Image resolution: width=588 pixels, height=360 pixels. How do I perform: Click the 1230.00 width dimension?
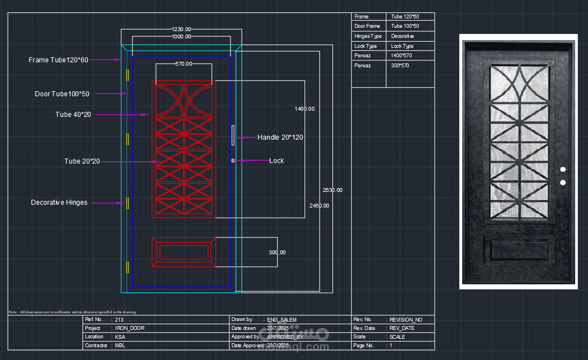[x=181, y=29]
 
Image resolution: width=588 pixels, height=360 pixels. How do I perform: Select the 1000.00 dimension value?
[x=181, y=37]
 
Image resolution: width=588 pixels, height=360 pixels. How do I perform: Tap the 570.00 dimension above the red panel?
[x=184, y=64]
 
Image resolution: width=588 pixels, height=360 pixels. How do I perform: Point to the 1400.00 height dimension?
[x=305, y=109]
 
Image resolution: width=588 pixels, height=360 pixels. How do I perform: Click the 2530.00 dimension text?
[x=332, y=190]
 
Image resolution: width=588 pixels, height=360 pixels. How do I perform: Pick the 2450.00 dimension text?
[x=319, y=205]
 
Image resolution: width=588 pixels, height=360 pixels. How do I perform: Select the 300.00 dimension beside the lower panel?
[x=277, y=252]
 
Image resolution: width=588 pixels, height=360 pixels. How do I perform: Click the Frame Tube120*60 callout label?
[x=58, y=60]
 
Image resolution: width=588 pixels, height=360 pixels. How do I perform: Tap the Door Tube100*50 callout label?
[x=62, y=94]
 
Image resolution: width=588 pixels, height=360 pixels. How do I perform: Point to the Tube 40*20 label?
[x=73, y=115]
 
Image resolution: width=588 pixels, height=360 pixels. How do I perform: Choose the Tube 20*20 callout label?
[x=82, y=161]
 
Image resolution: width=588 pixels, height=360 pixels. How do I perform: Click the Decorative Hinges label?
[x=59, y=203]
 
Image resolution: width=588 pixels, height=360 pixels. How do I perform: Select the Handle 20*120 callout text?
[x=280, y=137]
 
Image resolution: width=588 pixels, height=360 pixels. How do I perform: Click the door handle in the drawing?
[x=233, y=136]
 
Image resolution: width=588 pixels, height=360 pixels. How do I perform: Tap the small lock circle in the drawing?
[x=233, y=161]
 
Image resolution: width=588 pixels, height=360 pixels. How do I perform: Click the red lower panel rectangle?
[x=183, y=252]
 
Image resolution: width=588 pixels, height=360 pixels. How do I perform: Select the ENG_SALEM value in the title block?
[x=282, y=320]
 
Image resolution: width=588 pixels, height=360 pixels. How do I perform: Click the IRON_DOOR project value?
[x=130, y=328]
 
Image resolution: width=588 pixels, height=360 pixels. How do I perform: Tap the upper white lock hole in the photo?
[x=562, y=169]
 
